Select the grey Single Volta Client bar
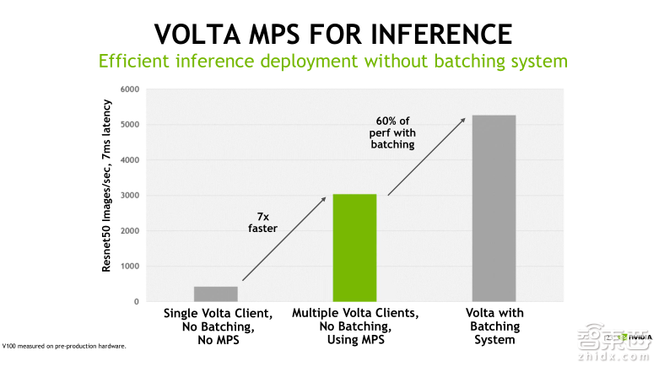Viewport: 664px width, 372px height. (x=215, y=294)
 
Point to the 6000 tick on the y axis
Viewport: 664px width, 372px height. (x=129, y=89)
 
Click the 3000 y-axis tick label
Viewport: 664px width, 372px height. (x=129, y=196)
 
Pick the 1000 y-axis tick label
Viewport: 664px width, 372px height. (x=129, y=267)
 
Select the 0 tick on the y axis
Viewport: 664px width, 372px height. (x=135, y=302)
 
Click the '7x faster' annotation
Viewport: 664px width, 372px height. (x=262, y=221)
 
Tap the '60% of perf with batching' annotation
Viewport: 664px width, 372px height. (x=393, y=132)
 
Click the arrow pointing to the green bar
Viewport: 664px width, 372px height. (x=283, y=239)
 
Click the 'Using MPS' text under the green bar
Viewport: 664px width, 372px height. (x=354, y=339)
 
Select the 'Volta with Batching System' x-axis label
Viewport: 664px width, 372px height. (x=494, y=326)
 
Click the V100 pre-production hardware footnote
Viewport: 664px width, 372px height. (x=64, y=346)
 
